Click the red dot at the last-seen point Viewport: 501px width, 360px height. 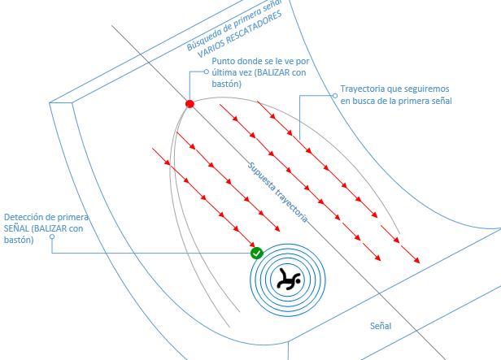190,104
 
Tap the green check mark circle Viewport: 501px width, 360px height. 256,254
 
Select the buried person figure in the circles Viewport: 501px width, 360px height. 287,280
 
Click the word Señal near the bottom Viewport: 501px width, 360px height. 381,326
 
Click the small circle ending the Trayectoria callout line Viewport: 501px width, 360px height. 333,95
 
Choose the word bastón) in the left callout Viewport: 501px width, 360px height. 19,240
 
